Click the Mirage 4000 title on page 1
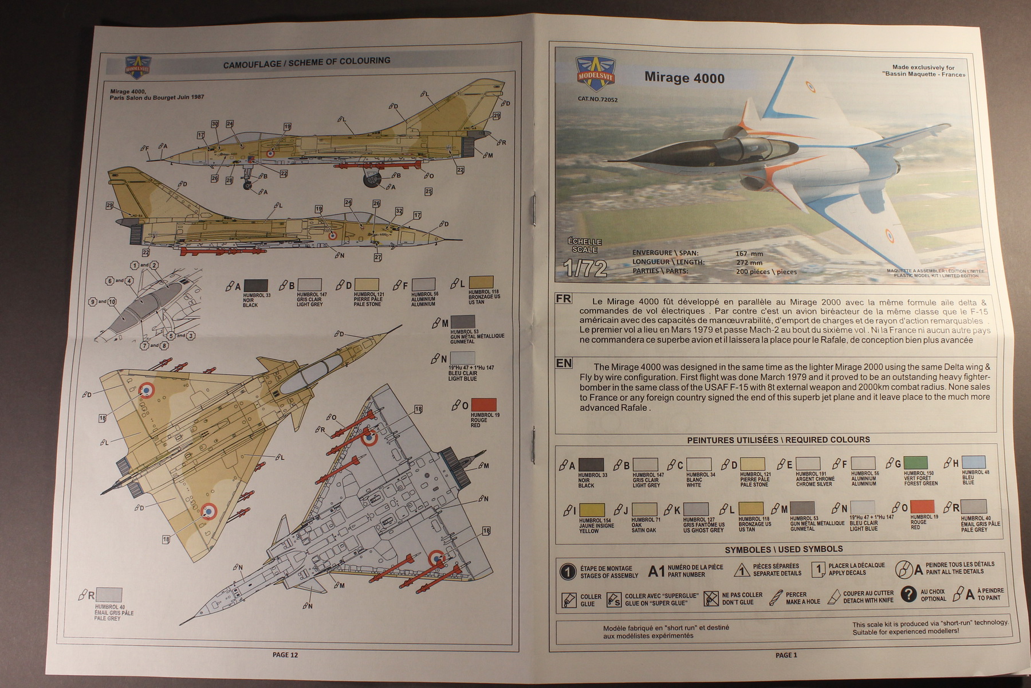point(684,78)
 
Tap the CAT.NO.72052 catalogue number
point(597,99)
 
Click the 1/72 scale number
point(585,268)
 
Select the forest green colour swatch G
point(915,463)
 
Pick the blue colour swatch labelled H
point(973,462)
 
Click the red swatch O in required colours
point(922,506)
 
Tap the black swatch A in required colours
point(591,464)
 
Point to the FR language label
point(564,299)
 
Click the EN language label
point(564,363)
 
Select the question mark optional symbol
point(908,594)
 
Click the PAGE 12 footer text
point(285,655)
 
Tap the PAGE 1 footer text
point(786,655)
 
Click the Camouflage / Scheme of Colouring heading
point(306,62)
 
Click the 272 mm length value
point(749,263)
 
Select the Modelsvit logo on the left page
point(137,67)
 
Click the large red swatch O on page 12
point(483,405)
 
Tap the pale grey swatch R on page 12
point(109,595)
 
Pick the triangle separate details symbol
point(742,570)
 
